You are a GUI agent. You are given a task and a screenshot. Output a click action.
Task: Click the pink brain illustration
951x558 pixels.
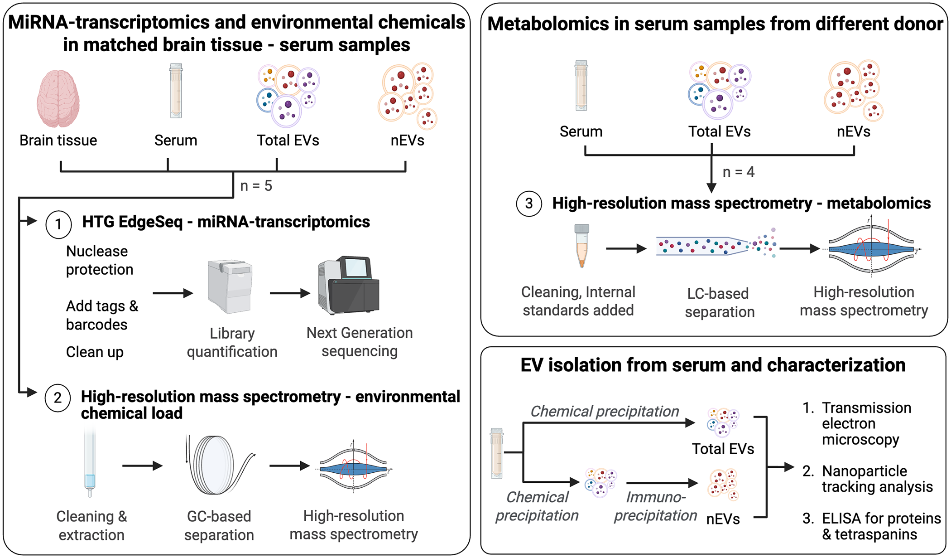tap(58, 98)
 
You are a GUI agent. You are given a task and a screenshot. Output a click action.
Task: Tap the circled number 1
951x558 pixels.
tap(58, 224)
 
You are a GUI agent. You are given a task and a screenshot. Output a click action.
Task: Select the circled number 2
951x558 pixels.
tap(58, 398)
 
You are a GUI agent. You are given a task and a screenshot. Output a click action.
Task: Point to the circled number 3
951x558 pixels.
tap(529, 204)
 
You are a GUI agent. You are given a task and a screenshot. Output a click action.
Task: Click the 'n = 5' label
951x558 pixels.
tap(256, 186)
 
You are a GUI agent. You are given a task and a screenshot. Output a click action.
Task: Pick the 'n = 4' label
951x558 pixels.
tap(738, 172)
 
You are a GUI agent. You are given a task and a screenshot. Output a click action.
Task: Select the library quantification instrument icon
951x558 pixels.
tap(230, 286)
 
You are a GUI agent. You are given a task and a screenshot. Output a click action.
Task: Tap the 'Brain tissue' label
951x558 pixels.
tap(58, 141)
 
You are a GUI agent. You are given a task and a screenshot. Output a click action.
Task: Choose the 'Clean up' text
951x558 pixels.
tap(95, 352)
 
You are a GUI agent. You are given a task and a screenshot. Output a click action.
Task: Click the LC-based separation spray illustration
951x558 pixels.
tap(716, 246)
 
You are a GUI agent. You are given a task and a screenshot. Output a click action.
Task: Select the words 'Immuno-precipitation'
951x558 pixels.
tap(655, 506)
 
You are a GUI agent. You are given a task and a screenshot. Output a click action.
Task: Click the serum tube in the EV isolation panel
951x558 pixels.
tap(497, 453)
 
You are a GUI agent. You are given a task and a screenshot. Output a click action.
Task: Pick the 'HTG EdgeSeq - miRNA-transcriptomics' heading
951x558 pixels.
tap(226, 222)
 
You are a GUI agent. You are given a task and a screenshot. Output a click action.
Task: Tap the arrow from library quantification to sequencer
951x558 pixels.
tap(290, 293)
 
